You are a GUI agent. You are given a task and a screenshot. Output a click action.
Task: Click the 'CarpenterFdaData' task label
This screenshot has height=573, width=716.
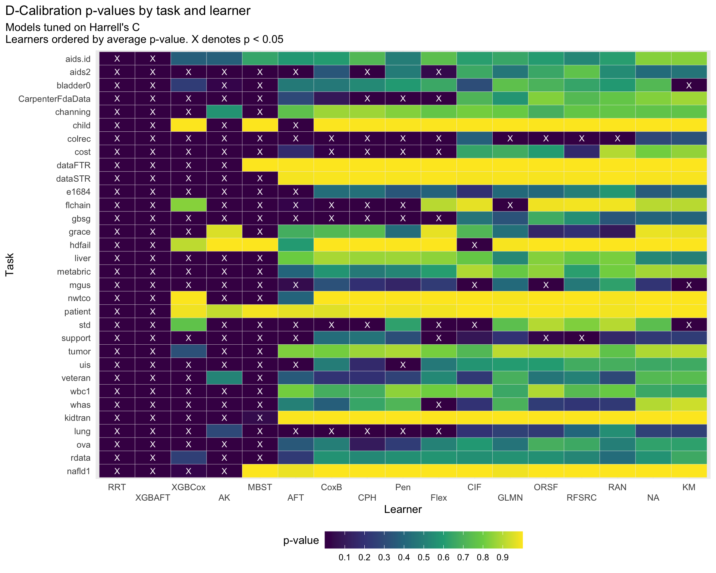coord(54,99)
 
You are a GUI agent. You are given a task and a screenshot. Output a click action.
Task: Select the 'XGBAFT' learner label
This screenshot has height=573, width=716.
coord(153,498)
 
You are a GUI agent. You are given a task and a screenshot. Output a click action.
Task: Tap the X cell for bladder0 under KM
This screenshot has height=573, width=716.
coord(689,85)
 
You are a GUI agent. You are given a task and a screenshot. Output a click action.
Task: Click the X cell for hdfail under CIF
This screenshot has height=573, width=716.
coord(474,245)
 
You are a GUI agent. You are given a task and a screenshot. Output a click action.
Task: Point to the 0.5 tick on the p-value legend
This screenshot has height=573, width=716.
coord(424,557)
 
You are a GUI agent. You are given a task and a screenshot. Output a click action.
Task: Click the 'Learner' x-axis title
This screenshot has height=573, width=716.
coord(403,510)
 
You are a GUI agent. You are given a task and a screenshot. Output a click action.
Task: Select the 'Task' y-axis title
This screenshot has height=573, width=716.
coord(10,264)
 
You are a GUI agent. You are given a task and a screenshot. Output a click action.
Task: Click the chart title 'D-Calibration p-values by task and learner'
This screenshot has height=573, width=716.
coord(128,11)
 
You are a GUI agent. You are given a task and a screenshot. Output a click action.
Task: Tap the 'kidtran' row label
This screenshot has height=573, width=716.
coord(78,418)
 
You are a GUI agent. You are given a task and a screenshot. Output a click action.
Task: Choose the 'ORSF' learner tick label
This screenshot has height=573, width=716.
coord(546,487)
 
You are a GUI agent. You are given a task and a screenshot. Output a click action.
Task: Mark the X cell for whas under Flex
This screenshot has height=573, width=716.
coord(439,405)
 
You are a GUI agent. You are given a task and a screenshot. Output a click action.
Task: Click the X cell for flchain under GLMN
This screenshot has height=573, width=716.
coord(510,205)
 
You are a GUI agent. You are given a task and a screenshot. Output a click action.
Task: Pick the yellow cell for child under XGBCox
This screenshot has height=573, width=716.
coord(188,125)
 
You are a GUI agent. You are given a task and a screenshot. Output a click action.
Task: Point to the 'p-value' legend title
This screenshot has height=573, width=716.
coord(301,541)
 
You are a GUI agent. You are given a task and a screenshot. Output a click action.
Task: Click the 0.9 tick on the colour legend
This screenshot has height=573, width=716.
coord(503,557)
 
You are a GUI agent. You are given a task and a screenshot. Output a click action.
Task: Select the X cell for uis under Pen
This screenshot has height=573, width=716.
coord(403,365)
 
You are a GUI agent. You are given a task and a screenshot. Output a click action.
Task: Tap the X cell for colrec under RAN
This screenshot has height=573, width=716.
coord(617,139)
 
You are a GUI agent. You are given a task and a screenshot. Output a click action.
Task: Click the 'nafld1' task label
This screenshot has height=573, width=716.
coord(79,471)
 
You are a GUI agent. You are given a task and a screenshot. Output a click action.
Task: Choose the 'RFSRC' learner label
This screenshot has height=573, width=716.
coord(581,498)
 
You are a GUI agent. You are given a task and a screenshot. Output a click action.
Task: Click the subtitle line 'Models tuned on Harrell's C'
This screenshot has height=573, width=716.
coord(73,27)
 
